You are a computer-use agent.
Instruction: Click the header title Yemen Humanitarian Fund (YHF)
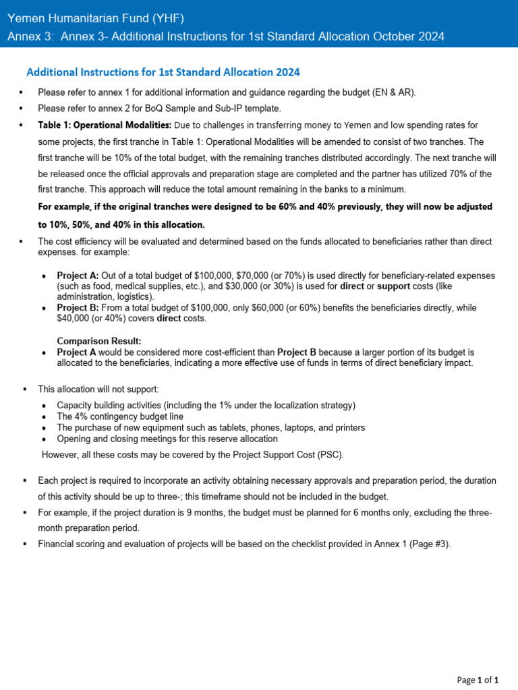95,18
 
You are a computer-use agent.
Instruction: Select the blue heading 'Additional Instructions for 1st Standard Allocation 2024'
163,72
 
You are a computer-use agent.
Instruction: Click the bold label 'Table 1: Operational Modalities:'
105,125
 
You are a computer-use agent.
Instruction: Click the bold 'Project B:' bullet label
78,307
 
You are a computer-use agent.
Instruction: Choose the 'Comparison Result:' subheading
99,341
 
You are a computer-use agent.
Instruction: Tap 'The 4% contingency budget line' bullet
120,416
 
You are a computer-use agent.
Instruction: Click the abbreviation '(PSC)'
328,455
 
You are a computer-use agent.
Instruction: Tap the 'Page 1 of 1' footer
478,680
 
